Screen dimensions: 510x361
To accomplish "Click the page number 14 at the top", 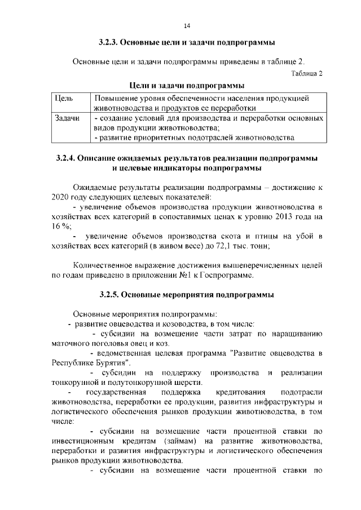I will pyautogui.click(x=187, y=25).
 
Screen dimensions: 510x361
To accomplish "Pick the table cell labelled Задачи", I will pyautogui.click(x=67, y=118).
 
